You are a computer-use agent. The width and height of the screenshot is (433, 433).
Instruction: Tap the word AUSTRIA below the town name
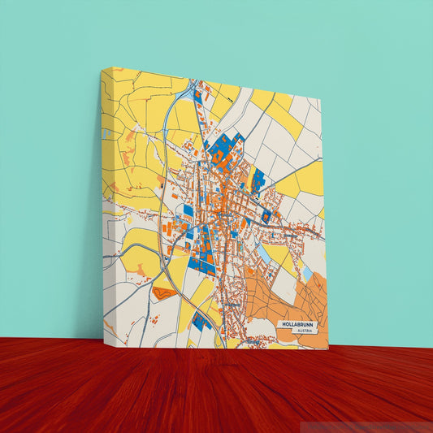(305, 331)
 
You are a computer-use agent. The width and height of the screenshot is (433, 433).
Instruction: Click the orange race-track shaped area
(164, 292)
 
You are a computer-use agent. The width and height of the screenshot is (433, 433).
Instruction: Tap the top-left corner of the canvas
(102, 69)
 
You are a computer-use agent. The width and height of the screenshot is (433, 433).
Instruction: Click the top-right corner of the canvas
(321, 101)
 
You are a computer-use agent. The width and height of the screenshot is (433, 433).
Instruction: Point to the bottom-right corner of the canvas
(328, 349)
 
